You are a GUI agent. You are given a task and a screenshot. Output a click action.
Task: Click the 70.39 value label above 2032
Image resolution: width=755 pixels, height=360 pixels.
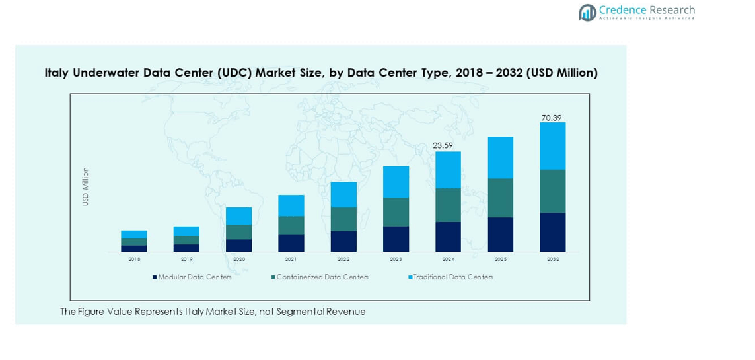click(x=552, y=118)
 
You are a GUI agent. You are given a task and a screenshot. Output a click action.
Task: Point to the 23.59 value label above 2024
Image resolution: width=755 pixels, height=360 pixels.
click(x=447, y=145)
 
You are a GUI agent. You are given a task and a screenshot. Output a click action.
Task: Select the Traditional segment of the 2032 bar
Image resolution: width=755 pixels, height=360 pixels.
click(x=552, y=146)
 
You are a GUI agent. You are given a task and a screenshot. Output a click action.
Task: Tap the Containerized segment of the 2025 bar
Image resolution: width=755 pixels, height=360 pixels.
click(x=500, y=198)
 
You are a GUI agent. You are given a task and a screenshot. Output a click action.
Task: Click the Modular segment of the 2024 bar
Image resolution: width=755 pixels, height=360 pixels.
click(x=448, y=236)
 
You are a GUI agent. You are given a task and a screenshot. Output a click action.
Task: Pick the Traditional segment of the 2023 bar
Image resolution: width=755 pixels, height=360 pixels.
click(x=396, y=182)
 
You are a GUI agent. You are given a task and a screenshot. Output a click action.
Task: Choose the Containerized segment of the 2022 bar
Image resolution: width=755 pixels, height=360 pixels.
click(x=343, y=219)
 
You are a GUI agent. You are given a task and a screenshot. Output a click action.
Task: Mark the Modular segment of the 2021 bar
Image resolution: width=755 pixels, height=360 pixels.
click(x=291, y=243)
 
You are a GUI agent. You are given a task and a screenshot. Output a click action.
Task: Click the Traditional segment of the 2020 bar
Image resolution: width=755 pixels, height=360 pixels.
click(x=239, y=216)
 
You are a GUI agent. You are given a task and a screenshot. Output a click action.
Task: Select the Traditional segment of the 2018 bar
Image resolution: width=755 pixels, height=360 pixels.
click(x=134, y=234)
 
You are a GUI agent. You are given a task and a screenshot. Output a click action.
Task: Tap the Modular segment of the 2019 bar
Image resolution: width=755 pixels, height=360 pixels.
click(x=186, y=248)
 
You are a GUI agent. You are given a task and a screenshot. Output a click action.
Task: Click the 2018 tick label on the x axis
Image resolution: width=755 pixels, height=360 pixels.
click(x=134, y=260)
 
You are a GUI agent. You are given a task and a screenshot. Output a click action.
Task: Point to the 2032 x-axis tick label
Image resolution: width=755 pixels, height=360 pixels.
click(x=553, y=260)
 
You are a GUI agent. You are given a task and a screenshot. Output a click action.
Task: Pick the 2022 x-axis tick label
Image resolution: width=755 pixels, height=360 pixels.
click(x=343, y=260)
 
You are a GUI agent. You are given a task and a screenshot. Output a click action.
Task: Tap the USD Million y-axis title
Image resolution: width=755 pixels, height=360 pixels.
click(x=85, y=186)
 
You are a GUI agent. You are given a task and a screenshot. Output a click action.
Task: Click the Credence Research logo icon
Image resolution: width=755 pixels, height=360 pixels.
click(x=587, y=12)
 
